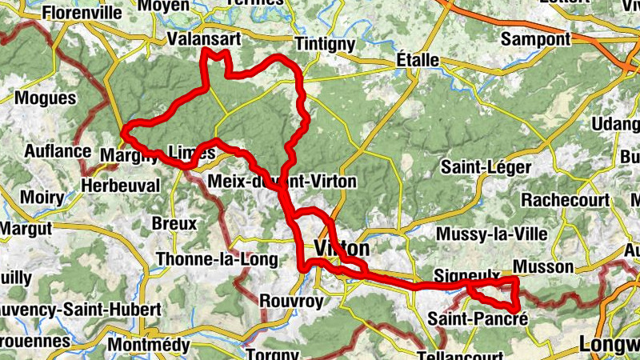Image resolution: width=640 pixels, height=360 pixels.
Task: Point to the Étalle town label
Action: pos(418,61)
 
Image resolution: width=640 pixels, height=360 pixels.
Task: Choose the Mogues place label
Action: pos(46,98)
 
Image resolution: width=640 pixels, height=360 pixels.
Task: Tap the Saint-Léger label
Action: pos(486,167)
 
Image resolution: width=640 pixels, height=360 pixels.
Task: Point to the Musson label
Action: pos(543,266)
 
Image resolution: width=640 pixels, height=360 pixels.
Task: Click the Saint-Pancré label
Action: pos(478,318)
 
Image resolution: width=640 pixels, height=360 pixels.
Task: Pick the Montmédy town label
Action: pos(148,345)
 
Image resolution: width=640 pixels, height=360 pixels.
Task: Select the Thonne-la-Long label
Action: pos(218,259)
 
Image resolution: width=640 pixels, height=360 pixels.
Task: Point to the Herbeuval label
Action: pos(121,185)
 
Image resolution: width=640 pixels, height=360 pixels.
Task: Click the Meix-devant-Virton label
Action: pos(282,182)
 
